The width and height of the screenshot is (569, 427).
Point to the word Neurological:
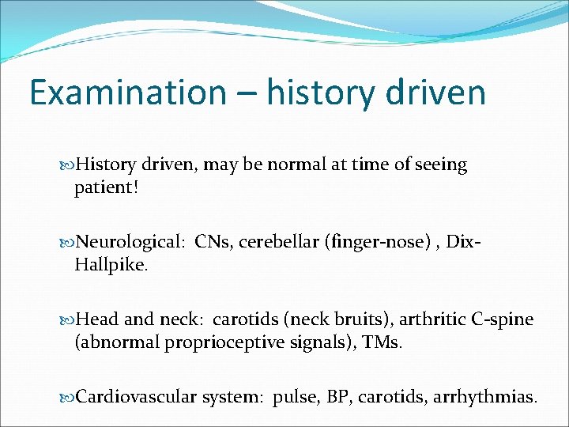pos(129,242)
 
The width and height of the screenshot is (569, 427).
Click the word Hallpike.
pos(111,266)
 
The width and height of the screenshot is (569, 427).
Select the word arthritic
pos(431,319)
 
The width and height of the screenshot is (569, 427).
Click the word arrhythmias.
pos(484,396)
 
